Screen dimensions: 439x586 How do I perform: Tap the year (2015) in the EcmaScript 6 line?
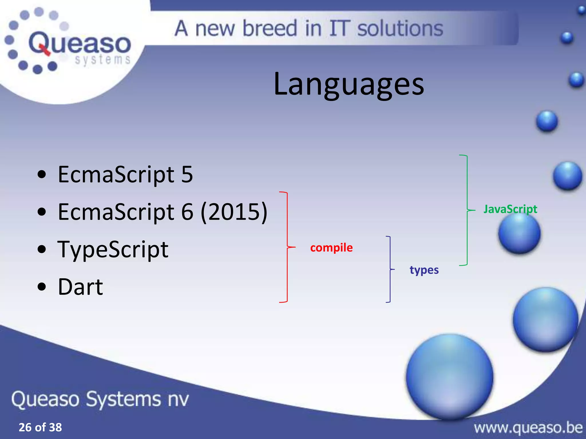click(234, 212)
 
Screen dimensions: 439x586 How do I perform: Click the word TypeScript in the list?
click(113, 249)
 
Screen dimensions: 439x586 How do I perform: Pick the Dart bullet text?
click(80, 287)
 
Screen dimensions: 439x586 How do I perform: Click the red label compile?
click(331, 248)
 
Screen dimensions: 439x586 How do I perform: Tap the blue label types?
click(424, 270)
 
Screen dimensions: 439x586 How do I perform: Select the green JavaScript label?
click(510, 209)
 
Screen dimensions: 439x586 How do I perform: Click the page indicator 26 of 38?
click(40, 427)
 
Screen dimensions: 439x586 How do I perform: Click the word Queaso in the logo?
click(80, 43)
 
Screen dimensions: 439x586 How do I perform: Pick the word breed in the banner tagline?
click(270, 29)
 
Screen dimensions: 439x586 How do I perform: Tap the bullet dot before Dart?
click(42, 287)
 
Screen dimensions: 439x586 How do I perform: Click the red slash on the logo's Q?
click(44, 49)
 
